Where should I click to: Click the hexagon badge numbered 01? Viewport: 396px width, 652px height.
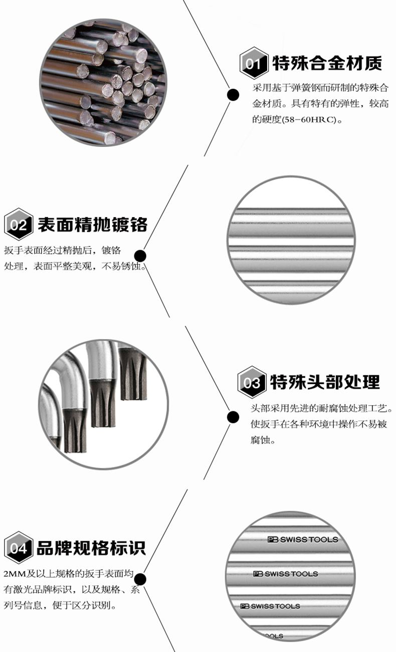click(254, 64)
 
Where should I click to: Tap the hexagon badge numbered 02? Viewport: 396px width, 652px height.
click(19, 224)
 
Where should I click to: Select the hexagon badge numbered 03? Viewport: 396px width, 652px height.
click(252, 383)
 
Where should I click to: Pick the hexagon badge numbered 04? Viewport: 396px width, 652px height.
click(19, 548)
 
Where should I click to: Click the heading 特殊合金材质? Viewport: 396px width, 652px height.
click(327, 63)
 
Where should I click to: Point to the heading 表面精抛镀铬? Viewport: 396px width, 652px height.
click(93, 224)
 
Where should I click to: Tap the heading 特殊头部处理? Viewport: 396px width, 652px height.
click(325, 382)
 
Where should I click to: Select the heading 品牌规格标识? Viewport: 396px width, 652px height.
click(91, 548)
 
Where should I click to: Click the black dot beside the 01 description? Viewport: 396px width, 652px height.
click(233, 94)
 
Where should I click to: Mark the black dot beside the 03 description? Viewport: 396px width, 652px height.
click(233, 416)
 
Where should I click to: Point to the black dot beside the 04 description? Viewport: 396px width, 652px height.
click(140, 579)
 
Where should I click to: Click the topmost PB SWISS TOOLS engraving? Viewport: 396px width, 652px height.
click(303, 540)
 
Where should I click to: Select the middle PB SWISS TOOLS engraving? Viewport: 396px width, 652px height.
click(285, 574)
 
